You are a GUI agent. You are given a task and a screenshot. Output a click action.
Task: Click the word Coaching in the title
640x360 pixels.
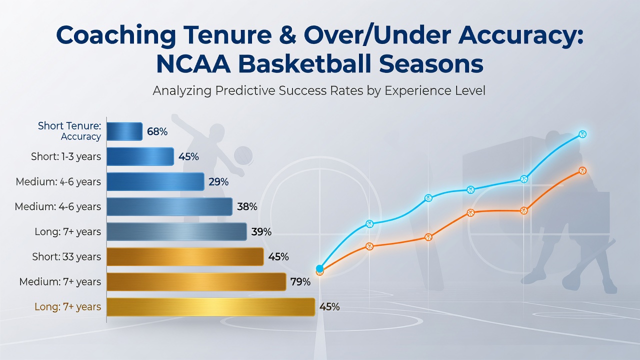(116, 35)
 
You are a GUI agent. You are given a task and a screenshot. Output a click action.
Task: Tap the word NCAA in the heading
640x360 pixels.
(193, 64)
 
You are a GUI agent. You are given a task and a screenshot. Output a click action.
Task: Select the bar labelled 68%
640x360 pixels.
(124, 131)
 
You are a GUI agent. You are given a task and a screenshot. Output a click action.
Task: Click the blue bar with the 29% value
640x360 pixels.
(155, 181)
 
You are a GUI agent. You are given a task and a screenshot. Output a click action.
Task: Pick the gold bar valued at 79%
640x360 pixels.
(196, 281)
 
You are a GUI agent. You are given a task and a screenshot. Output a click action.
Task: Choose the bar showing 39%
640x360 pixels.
(176, 231)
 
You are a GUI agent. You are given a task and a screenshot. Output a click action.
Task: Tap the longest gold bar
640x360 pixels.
(211, 307)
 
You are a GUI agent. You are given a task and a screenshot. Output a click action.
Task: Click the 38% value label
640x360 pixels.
(247, 206)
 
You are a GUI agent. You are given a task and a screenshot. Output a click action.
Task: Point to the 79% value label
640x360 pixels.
(300, 282)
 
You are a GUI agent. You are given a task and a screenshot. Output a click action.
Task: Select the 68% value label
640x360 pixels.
(157, 131)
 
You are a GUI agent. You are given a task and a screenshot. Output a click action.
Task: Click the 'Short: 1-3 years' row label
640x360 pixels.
(66, 156)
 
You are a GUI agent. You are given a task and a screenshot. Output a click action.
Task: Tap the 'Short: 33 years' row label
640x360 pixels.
(66, 256)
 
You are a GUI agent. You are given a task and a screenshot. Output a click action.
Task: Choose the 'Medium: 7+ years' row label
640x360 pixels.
(60, 281)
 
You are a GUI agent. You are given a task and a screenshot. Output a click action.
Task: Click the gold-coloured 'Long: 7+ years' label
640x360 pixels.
(67, 306)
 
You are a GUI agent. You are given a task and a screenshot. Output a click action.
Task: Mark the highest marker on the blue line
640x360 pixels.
(582, 134)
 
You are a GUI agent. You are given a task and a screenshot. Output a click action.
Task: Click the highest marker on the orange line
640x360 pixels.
(582, 171)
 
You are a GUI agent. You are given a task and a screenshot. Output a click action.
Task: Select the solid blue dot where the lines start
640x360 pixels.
(319, 268)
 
